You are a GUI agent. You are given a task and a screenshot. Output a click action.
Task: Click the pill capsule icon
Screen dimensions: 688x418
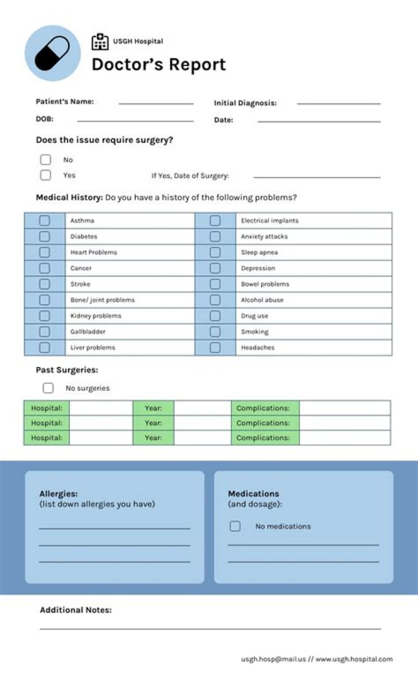coord(52,53)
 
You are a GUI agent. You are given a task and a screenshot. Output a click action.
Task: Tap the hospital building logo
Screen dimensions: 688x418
coord(100,42)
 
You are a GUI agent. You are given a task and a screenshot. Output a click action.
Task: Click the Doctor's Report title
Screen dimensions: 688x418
coord(158,64)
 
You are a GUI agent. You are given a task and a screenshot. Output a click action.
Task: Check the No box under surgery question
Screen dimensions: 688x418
coord(45,160)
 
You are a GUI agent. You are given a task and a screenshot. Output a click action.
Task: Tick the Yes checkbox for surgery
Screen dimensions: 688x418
coord(45,175)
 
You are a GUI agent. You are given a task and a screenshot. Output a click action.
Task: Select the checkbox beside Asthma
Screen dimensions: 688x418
coord(44,221)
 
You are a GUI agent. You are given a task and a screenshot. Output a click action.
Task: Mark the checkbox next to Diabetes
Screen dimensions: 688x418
coord(44,236)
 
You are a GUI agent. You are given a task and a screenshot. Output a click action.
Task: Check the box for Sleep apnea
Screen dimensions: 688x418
coord(215,253)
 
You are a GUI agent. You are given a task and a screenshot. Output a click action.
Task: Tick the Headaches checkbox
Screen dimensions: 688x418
coord(215,347)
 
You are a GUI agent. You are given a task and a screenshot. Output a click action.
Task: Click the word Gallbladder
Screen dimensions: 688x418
coord(88,332)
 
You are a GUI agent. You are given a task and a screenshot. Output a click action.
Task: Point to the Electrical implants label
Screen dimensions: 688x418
coord(269,221)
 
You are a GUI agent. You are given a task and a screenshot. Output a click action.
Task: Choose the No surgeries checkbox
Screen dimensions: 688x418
coord(48,388)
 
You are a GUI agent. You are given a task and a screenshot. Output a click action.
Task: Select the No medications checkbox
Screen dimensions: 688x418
coord(235,526)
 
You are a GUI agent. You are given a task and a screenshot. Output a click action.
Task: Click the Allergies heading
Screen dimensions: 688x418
coord(58,494)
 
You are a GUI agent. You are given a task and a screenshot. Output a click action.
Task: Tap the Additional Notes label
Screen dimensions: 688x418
coord(75,610)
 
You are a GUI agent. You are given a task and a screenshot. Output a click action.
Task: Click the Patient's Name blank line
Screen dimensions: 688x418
coord(156,103)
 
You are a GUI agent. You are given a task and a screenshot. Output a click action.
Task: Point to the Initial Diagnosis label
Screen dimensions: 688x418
coord(245,103)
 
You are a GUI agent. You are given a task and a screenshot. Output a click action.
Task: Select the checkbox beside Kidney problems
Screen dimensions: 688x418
coord(44,316)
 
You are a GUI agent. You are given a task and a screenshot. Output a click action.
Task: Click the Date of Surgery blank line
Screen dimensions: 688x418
coord(316,176)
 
